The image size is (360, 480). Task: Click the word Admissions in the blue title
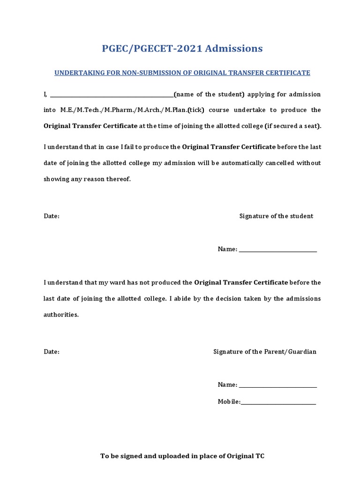click(233, 48)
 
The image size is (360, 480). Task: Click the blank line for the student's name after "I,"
click(112, 95)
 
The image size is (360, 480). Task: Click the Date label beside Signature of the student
click(52, 216)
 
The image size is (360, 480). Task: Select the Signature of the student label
click(276, 216)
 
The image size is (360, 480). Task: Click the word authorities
click(61, 315)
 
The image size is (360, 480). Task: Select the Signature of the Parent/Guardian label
click(265, 352)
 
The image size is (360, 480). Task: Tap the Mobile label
click(229, 401)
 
